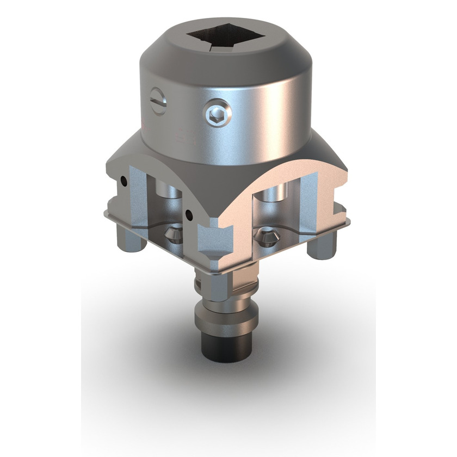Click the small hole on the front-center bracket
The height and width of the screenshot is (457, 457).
tap(188, 214)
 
